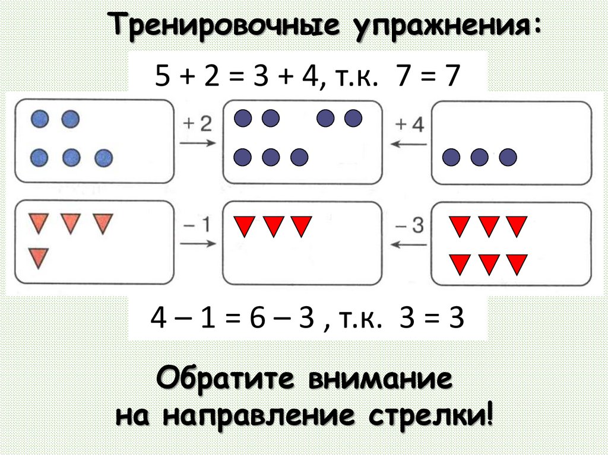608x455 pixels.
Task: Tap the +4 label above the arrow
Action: (x=410, y=125)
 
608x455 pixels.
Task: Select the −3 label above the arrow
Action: (x=410, y=225)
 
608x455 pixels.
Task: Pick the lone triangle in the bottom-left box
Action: (x=39, y=257)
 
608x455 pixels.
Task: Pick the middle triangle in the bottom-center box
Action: (x=273, y=226)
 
